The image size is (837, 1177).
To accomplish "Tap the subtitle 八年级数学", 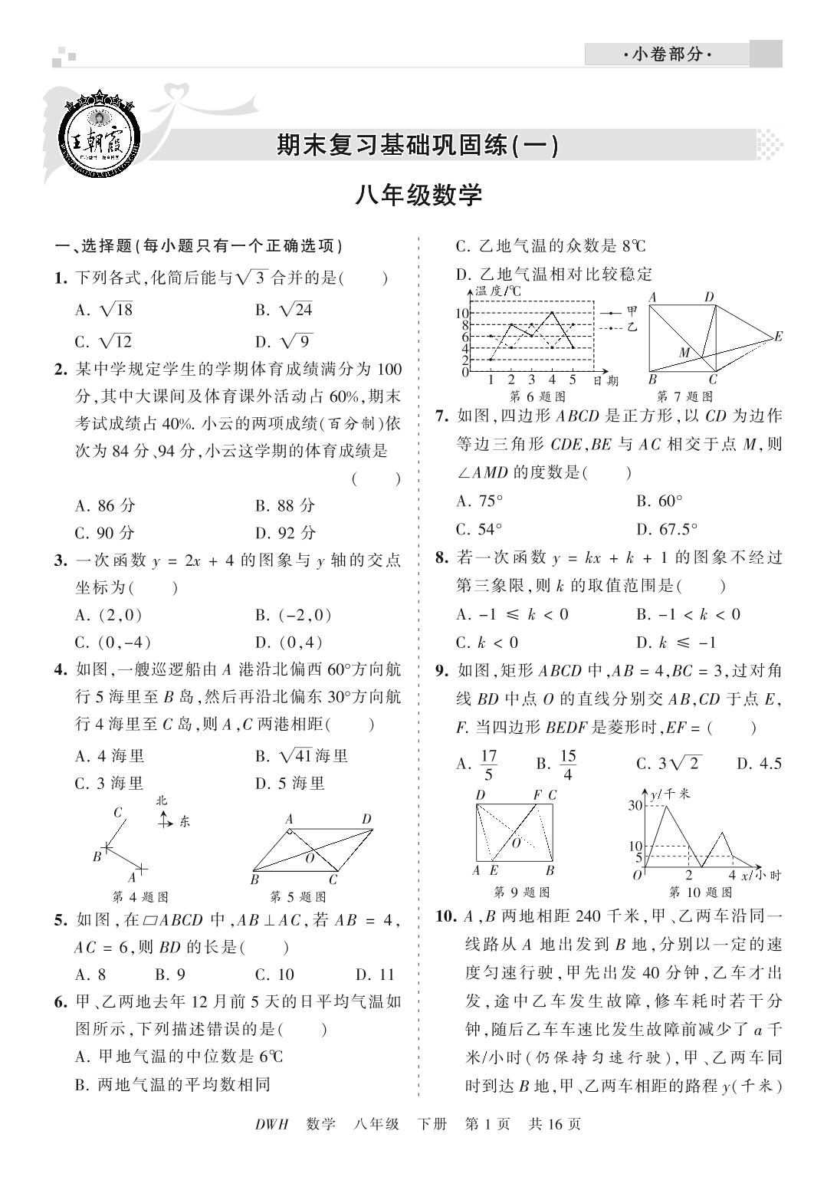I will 419,196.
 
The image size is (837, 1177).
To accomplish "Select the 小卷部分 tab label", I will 667,54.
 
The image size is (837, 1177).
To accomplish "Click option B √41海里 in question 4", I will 302,756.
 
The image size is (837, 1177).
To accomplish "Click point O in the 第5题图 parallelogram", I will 310,859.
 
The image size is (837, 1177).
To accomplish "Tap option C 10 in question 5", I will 274,975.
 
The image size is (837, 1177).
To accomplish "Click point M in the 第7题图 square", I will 684,353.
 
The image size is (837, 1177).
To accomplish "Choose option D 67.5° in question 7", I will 667,529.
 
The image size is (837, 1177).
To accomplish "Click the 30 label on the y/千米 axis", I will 635,804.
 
